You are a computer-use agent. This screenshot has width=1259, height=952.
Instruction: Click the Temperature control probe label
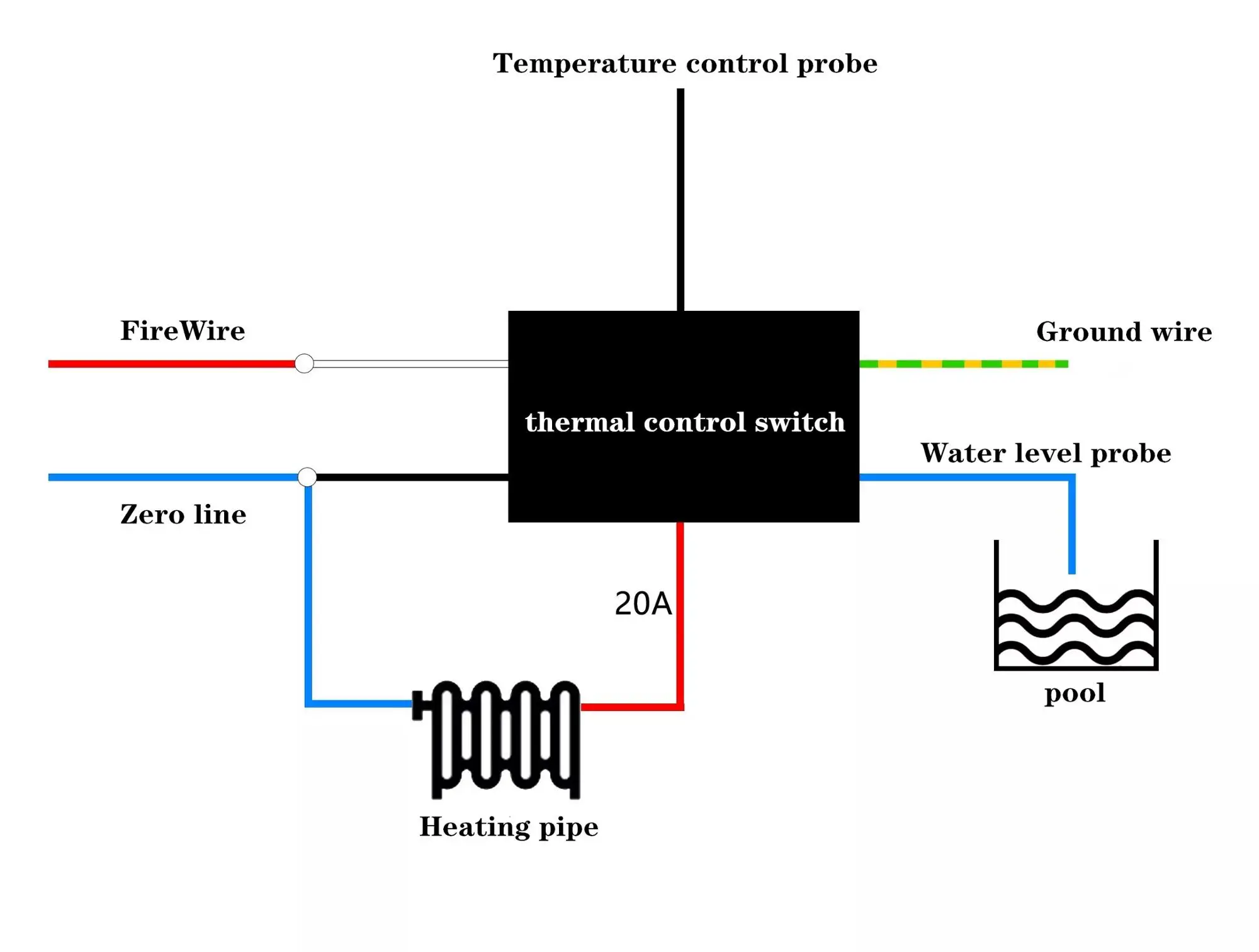coord(684,64)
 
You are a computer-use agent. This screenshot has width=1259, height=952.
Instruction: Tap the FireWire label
coord(183,331)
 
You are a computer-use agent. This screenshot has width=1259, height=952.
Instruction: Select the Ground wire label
coord(1124,332)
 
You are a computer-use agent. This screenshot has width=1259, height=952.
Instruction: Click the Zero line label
coord(183,515)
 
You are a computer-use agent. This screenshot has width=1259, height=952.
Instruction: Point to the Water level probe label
coord(1046,454)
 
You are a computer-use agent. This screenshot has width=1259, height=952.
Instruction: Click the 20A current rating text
coord(643,604)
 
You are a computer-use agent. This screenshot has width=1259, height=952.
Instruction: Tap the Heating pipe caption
coord(509,827)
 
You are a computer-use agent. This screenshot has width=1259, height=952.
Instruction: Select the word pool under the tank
coord(1075,693)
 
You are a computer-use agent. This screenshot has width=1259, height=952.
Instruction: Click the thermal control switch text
coord(685,422)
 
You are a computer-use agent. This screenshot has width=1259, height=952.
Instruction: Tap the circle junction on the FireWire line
coord(304,364)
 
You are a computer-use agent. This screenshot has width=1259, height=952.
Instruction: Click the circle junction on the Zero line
coord(307,477)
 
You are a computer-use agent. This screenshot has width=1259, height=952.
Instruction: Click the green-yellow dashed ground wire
coord(963,364)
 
